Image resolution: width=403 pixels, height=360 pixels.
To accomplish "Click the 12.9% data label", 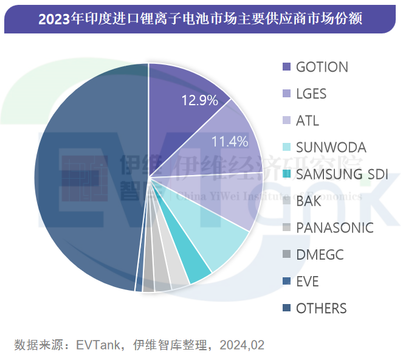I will coord(200,101).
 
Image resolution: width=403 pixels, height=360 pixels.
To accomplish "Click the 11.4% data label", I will coord(230,142).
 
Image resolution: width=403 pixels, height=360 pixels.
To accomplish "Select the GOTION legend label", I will coord(322,67).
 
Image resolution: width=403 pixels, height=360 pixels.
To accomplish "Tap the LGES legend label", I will coord(311,94).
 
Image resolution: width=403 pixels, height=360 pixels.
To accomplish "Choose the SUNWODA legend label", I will coord(331,147).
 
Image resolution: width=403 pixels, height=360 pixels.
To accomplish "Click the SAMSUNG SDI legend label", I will coord(342,174).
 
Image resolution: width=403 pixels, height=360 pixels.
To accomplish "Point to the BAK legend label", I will coord(309,201).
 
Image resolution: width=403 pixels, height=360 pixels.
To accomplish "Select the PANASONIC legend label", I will coord(334,228).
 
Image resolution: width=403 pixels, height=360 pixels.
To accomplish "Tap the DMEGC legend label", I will coord(320,255).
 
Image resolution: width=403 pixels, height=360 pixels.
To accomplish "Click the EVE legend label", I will coord(307,282).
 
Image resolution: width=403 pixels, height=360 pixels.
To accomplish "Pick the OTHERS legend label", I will coord(321,308).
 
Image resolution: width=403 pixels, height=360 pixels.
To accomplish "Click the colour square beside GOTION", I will coord(286,67).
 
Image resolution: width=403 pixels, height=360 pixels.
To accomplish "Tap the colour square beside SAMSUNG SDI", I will coord(286,175).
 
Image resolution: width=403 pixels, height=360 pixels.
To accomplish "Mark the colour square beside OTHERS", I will coord(286,308).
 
